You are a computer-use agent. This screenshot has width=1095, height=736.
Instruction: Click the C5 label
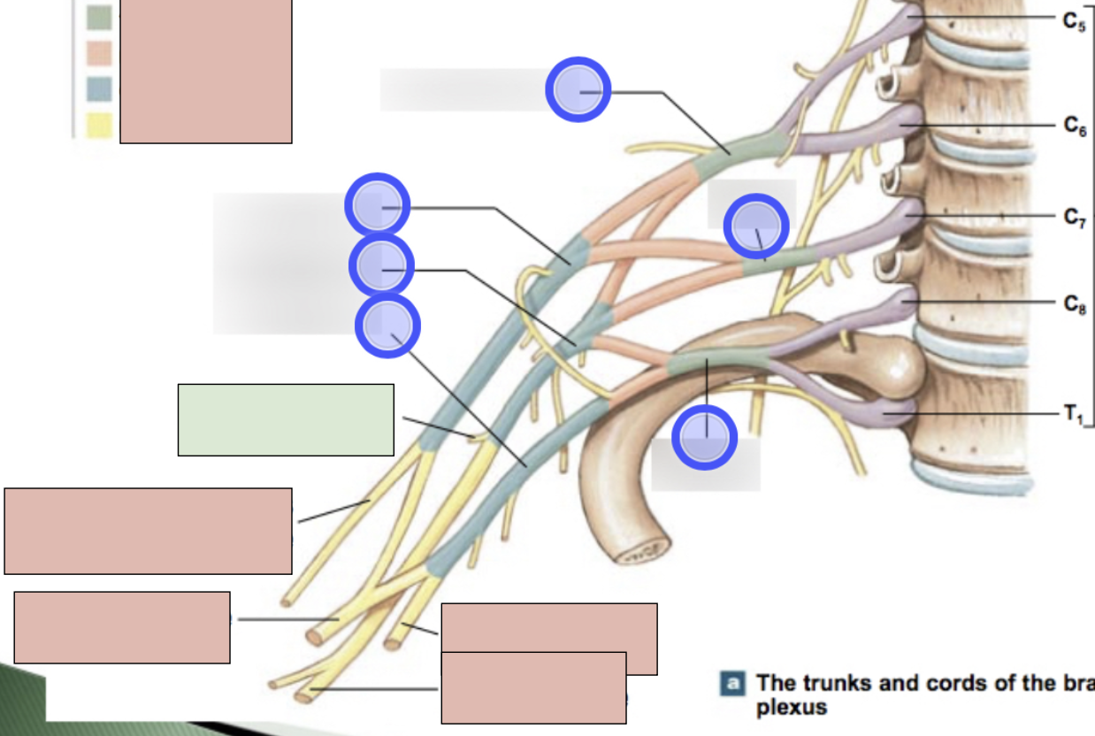[x=1075, y=22]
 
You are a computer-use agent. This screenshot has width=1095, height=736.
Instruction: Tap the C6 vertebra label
[x=1075, y=127]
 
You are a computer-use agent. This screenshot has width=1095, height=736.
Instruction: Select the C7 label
[x=1075, y=218]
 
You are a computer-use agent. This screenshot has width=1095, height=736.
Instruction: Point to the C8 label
[x=1075, y=305]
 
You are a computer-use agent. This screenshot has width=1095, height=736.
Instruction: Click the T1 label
[x=1073, y=413]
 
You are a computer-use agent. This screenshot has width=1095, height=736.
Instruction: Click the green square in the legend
[x=99, y=18]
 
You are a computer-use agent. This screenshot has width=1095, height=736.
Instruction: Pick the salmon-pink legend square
[x=99, y=54]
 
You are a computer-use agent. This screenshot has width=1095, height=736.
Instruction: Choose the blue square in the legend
[x=99, y=89]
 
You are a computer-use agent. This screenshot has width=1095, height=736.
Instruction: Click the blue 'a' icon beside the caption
[x=733, y=683]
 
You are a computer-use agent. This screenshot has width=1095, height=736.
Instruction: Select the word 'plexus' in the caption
[x=792, y=708]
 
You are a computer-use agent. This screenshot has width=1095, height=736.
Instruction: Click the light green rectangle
[x=286, y=419]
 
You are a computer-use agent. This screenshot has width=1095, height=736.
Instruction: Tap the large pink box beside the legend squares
[x=205, y=71]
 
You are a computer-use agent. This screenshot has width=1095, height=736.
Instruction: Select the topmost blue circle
[x=578, y=89]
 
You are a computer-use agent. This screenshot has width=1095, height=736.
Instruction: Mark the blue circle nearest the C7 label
[x=756, y=226]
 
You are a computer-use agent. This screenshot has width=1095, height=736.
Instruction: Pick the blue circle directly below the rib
[x=704, y=437]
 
